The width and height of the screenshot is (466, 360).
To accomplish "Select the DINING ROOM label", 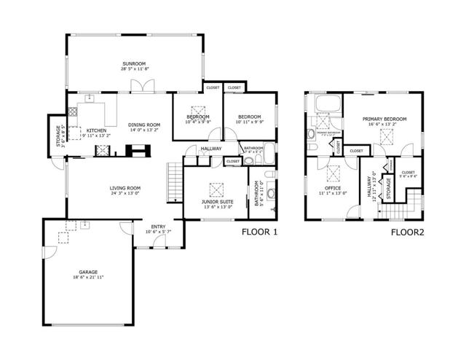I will (144, 125).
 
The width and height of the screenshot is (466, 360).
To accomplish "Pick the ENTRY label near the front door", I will (158, 227).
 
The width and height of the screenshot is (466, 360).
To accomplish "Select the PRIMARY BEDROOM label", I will (384, 118).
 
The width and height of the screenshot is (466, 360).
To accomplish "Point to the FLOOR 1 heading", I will (261, 233).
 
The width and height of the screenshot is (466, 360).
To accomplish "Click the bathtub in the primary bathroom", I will (325, 103).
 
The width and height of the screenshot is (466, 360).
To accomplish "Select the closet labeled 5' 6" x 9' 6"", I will (408, 173).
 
